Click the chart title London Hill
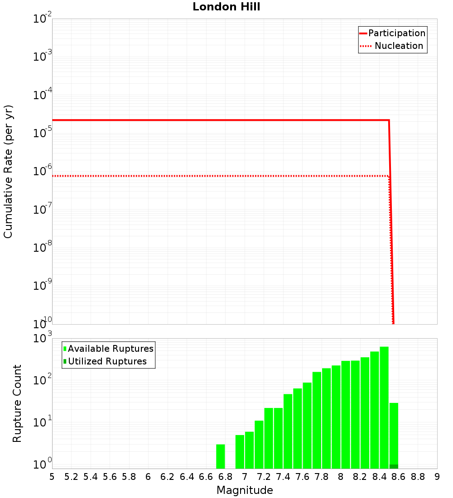[x=226, y=7]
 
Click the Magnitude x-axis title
[x=245, y=490]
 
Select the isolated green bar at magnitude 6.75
[x=221, y=456]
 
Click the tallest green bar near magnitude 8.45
[x=384, y=407]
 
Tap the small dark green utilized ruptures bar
[x=394, y=466]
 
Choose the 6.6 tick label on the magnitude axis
[x=206, y=477]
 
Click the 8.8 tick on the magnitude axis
[x=418, y=477]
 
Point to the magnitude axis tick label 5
[x=52, y=477]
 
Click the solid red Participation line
[x=217, y=120]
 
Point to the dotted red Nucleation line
[x=217, y=176]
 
